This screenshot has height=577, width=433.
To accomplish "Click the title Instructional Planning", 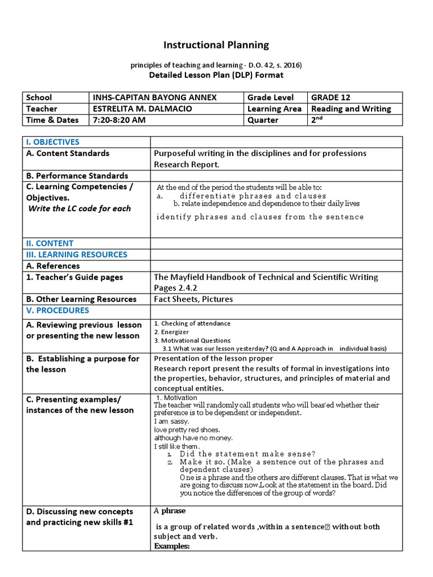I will pos(216,45).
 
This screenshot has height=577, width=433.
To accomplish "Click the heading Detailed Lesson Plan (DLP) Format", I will pos(216,75).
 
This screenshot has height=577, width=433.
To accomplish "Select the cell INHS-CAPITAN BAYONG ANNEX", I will pos(154,97).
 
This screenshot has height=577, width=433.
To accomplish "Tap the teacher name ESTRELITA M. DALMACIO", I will pos(148,109).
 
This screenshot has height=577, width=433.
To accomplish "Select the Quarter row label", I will pos(263,120).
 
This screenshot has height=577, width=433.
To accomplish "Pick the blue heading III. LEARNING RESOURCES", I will pos(77,255).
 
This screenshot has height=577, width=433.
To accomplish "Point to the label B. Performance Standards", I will pos(77,176).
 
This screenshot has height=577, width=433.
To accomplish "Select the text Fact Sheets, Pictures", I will pos(193,299).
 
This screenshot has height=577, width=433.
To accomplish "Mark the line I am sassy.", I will pos(171,421).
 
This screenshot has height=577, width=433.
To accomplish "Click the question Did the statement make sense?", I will pos(248,454).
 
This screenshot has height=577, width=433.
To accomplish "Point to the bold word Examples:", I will pos(172,547).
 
